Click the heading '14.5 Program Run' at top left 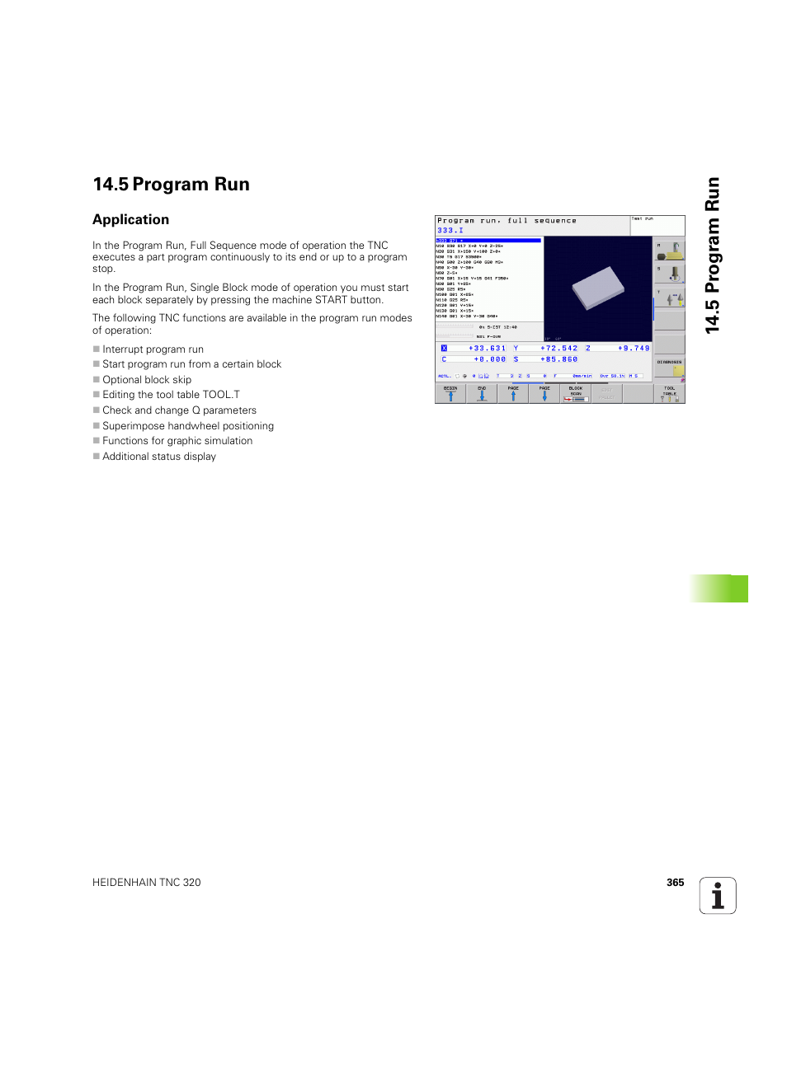[x=171, y=185]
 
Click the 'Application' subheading [x=130, y=219]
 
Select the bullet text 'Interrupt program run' [x=153, y=349]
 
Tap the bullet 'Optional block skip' [x=146, y=380]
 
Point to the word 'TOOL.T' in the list [x=221, y=395]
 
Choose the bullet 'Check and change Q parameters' [x=179, y=410]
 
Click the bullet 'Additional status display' [x=158, y=457]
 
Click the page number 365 [x=675, y=883]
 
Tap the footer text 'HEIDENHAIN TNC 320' [x=146, y=883]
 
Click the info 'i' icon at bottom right [x=717, y=896]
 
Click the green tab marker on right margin [x=719, y=588]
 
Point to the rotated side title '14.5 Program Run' [x=712, y=255]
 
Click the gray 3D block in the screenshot [x=598, y=287]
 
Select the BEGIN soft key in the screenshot [x=450, y=393]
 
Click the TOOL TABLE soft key [x=669, y=393]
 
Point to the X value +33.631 [x=487, y=349]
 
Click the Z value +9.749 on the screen [x=634, y=349]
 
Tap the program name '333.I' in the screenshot [x=450, y=231]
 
